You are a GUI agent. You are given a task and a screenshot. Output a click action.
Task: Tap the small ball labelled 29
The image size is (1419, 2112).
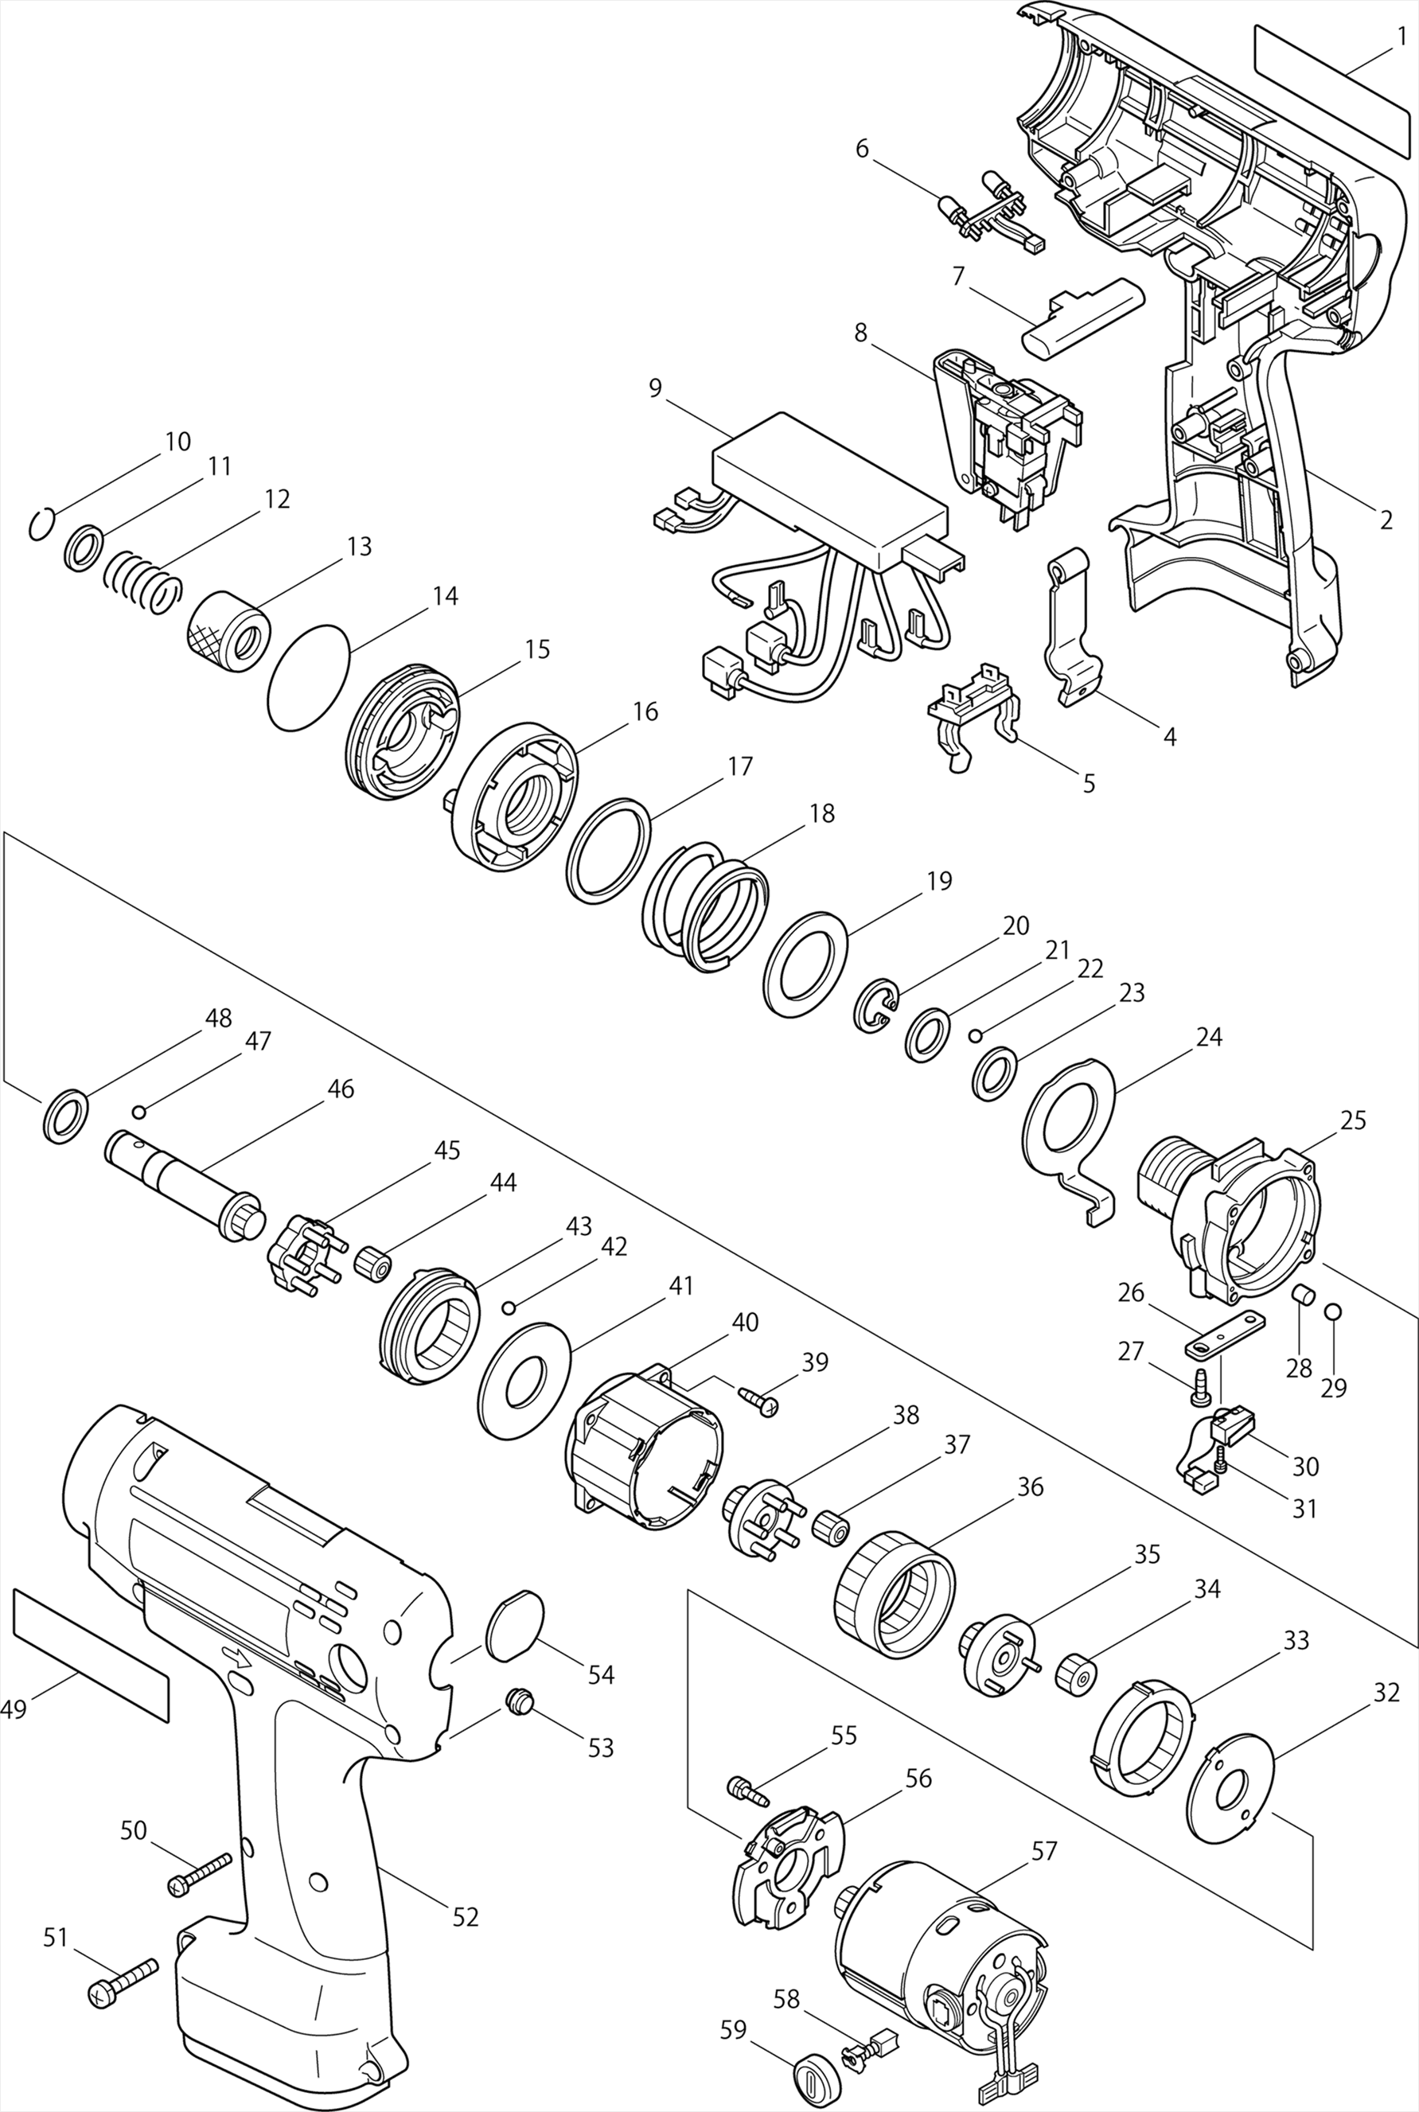tap(1333, 1311)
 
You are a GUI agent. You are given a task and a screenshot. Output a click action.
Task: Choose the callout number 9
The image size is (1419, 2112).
tap(655, 388)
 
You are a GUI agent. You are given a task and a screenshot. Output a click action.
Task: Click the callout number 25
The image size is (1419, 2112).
tap(1353, 1120)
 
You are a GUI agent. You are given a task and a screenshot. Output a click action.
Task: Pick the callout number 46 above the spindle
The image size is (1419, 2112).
tap(341, 1089)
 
